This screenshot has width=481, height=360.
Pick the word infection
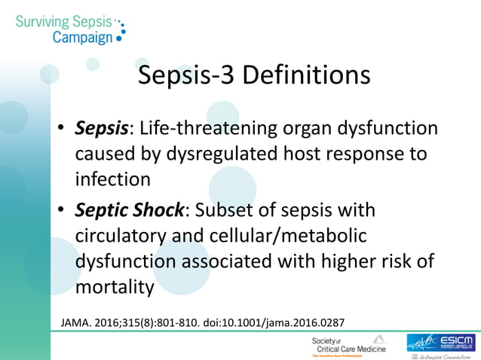[112, 180]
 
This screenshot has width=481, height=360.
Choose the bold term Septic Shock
[129, 209]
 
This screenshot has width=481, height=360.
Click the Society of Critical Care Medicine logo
[349, 345]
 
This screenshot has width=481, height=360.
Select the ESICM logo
[443, 344]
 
